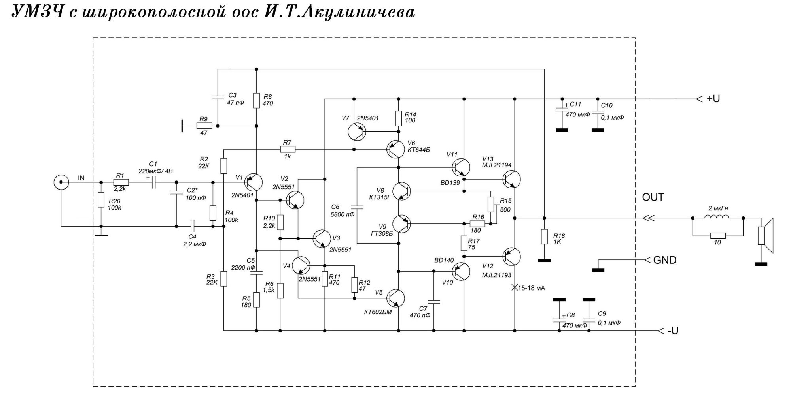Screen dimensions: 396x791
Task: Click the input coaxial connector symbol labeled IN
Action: (x=61, y=182)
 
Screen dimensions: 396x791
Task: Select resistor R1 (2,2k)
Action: (x=121, y=182)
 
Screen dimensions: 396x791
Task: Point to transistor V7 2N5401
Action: (x=357, y=131)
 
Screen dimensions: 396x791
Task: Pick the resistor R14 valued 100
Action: (x=399, y=117)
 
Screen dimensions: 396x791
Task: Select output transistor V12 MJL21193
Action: (x=512, y=257)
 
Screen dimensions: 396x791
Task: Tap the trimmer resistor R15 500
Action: (x=491, y=204)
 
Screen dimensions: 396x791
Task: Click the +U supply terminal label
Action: (x=713, y=99)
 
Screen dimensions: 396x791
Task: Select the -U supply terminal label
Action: (x=672, y=331)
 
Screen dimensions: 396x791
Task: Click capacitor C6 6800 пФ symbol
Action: (x=357, y=206)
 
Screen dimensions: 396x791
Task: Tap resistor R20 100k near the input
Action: (x=101, y=200)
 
